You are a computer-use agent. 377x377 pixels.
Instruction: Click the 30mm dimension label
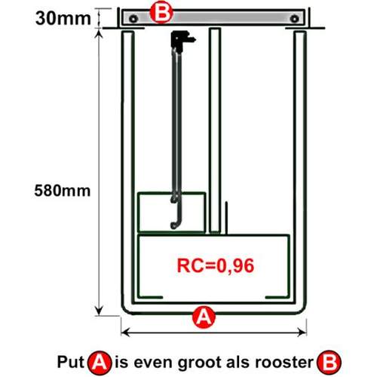[63, 19]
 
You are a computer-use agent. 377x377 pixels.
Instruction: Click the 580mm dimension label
[63, 191]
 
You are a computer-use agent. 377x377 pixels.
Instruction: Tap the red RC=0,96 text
[216, 265]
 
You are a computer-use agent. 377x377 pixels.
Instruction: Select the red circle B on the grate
[161, 13]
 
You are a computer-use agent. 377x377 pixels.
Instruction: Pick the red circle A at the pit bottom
[204, 317]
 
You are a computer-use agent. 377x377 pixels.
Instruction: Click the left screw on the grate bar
[133, 19]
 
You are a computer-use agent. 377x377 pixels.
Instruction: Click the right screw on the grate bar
[294, 19]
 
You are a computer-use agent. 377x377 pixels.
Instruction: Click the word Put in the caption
[71, 362]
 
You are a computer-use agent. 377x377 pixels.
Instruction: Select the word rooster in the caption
[284, 363]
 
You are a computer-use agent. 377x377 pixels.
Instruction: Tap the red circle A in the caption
[100, 363]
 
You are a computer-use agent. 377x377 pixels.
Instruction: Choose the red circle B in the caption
[329, 363]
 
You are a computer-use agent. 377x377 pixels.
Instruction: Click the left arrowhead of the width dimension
[125, 333]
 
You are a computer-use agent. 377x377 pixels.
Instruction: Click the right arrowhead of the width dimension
[302, 333]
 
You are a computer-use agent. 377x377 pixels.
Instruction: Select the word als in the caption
[239, 362]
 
